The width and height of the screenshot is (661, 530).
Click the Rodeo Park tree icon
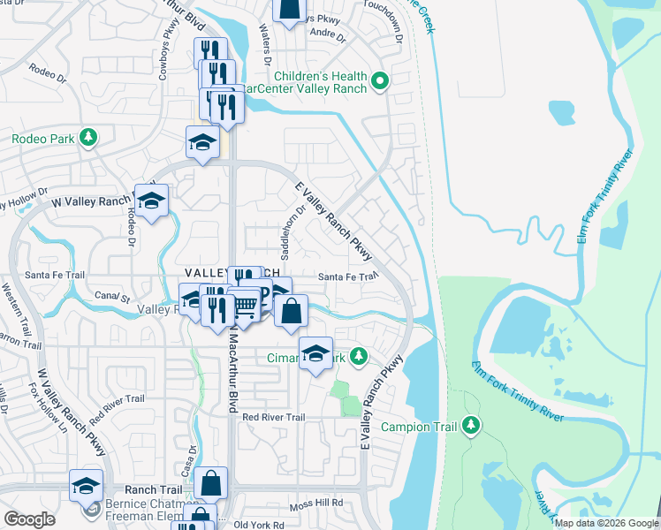pyautogui.click(x=87, y=138)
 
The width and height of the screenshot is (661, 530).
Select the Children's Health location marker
pyautogui.click(x=380, y=82)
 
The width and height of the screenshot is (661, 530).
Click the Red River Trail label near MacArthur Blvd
pyautogui.click(x=273, y=417)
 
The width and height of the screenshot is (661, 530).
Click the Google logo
pyautogui.click(x=29, y=519)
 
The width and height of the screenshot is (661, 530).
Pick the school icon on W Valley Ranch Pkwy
pyautogui.click(x=152, y=201)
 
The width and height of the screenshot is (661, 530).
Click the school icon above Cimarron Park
pyautogui.click(x=315, y=352)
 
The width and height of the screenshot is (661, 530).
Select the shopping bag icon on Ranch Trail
pyautogui.click(x=211, y=482)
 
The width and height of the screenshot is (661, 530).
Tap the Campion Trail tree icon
pyautogui.click(x=472, y=426)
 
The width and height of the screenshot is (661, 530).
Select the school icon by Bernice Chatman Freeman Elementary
pyautogui.click(x=87, y=485)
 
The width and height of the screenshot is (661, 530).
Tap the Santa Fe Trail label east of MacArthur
pyautogui.click(x=347, y=276)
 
